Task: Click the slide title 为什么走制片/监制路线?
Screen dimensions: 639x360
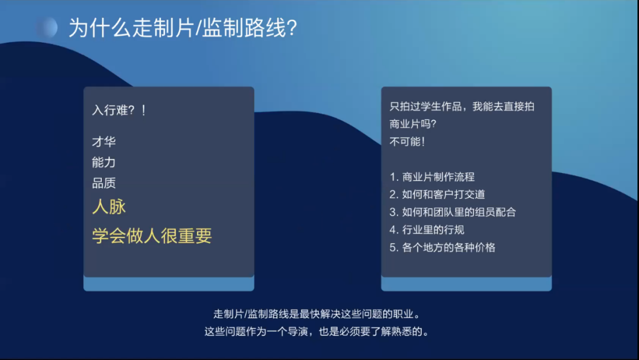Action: [x=183, y=28]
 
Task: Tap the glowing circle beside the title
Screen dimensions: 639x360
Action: [x=47, y=28]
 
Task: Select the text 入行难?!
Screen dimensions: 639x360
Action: [x=119, y=110]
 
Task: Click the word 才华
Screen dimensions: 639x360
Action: [x=104, y=142]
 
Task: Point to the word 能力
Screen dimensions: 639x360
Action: [x=104, y=162]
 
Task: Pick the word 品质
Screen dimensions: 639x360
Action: [x=104, y=183]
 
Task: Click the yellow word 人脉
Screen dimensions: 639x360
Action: [x=109, y=207]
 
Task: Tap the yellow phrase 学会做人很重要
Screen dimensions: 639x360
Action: [x=152, y=236]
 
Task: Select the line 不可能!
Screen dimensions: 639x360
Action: [x=407, y=142]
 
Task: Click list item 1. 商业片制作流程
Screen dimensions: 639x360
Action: [x=432, y=177]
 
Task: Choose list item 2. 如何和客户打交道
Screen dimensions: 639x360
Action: [x=437, y=194]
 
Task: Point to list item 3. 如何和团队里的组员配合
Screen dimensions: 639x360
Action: [x=453, y=212]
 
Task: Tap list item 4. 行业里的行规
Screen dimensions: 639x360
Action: [x=427, y=230]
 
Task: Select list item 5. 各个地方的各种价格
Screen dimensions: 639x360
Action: [x=443, y=247]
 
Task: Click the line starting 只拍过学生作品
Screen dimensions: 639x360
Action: [x=461, y=107]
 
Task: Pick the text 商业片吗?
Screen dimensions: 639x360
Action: [x=413, y=124]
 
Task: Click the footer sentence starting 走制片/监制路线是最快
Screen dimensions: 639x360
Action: [x=317, y=314]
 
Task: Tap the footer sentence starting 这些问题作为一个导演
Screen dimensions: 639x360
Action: [x=317, y=332]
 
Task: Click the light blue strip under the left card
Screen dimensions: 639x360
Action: [x=169, y=284]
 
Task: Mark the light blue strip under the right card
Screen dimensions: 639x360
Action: [x=466, y=284]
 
